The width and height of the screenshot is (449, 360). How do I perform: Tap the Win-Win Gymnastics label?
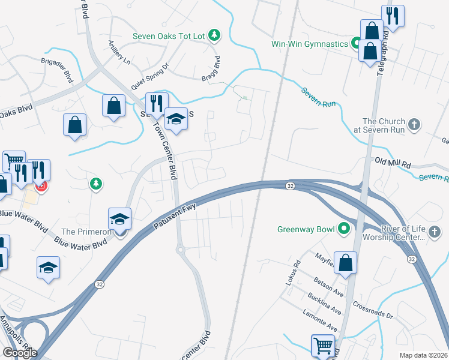click(x=309, y=44)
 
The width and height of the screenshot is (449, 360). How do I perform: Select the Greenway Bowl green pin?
click(x=344, y=229)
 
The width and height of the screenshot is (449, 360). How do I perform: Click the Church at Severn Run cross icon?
click(x=413, y=125)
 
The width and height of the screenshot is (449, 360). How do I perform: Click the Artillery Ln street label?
click(x=119, y=52)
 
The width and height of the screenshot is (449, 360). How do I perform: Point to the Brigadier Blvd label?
click(x=57, y=70)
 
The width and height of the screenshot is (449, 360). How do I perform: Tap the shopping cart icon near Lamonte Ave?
click(x=322, y=345)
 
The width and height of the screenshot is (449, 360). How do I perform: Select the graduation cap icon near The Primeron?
click(x=119, y=219)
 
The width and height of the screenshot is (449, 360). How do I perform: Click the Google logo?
click(x=19, y=353)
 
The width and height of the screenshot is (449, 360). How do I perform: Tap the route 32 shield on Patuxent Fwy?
click(x=290, y=186)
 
